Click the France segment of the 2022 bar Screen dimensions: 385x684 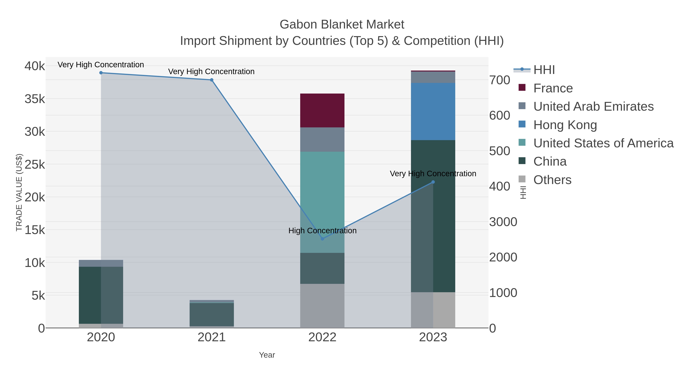(322, 110)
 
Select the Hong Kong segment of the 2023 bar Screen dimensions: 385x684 (433, 111)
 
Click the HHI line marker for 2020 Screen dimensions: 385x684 (101, 73)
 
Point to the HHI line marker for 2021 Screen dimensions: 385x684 (212, 80)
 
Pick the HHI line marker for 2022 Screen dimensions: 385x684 (322, 239)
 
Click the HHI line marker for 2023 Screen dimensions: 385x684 (433, 182)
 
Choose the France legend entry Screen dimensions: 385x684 (553, 88)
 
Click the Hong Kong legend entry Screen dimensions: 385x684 (565, 125)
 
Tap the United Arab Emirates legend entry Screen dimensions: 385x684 (593, 106)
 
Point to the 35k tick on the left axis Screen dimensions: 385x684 (35, 99)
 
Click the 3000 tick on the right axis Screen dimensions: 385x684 (503, 222)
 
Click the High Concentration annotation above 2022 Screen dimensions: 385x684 (322, 231)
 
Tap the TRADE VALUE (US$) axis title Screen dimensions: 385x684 (19, 192)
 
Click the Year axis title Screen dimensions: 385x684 (267, 355)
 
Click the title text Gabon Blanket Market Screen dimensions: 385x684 (342, 25)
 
